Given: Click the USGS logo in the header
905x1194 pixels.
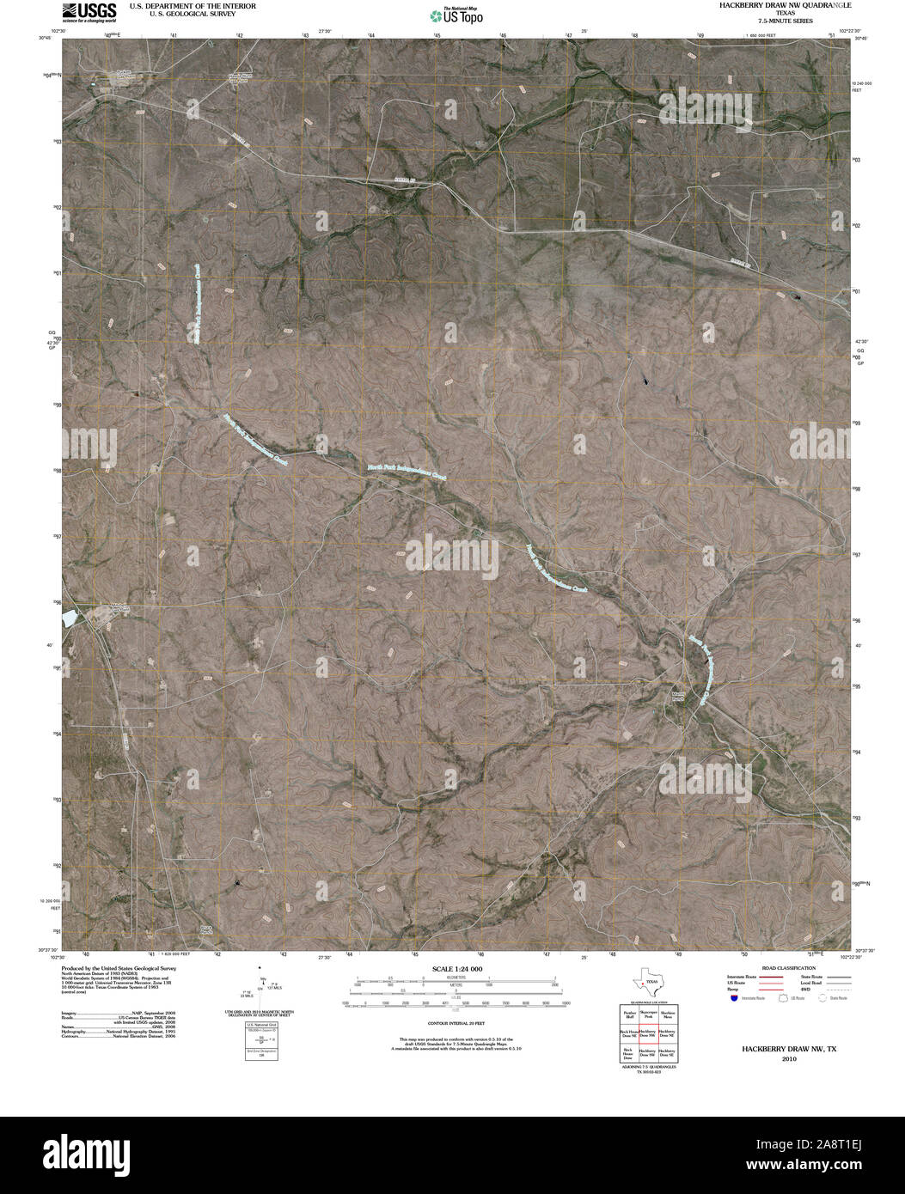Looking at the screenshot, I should [x=89, y=11].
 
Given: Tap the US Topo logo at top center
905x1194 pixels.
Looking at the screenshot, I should [x=456, y=15].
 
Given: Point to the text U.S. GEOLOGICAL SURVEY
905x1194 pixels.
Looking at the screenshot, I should [x=180, y=13].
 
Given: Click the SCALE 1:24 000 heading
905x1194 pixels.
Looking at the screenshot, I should [x=452, y=969].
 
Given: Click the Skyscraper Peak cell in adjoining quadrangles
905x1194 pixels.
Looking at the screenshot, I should [x=650, y=1015].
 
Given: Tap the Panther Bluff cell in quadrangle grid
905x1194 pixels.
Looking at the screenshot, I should [x=629, y=1015].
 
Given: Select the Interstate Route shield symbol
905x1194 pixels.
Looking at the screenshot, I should [x=733, y=998].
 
